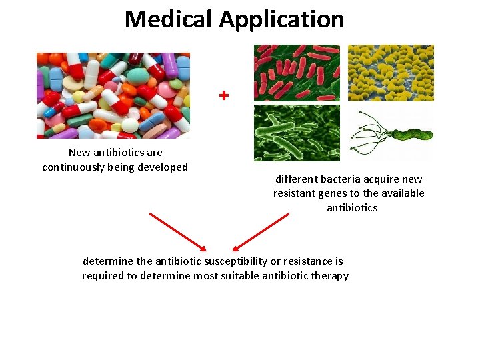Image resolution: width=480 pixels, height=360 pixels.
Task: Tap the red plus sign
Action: pos(224,96)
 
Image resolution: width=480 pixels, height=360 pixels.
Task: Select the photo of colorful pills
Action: pos(113,95)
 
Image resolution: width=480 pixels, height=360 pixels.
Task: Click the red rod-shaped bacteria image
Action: pos(297,73)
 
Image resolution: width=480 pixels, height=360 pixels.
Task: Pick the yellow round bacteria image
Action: pos(391,73)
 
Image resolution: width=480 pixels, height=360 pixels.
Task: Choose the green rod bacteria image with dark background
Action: pos(297,133)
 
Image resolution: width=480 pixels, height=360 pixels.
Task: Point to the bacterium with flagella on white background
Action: pos(391,133)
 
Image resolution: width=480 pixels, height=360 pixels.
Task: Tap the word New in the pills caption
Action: pos(79,153)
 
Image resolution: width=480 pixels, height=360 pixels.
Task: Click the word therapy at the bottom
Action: pos(331,276)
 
